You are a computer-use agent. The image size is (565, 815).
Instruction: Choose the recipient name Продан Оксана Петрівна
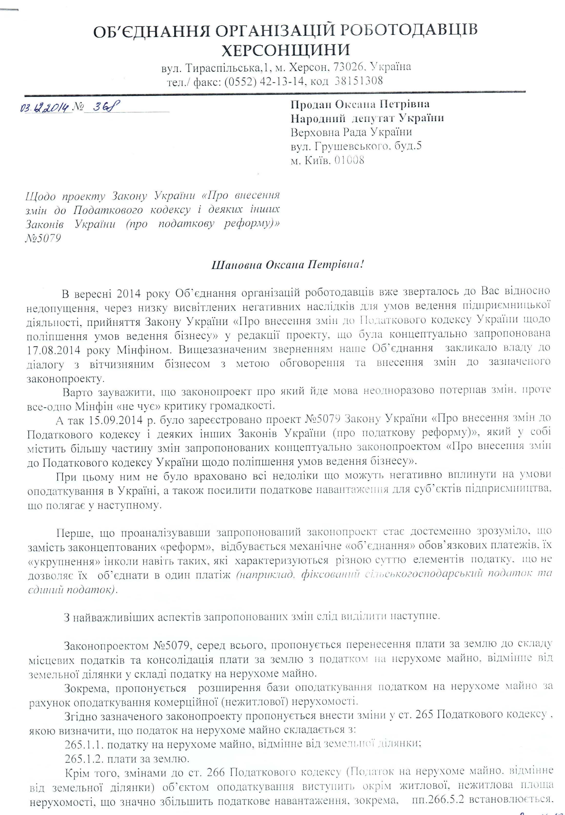click(x=360, y=104)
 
